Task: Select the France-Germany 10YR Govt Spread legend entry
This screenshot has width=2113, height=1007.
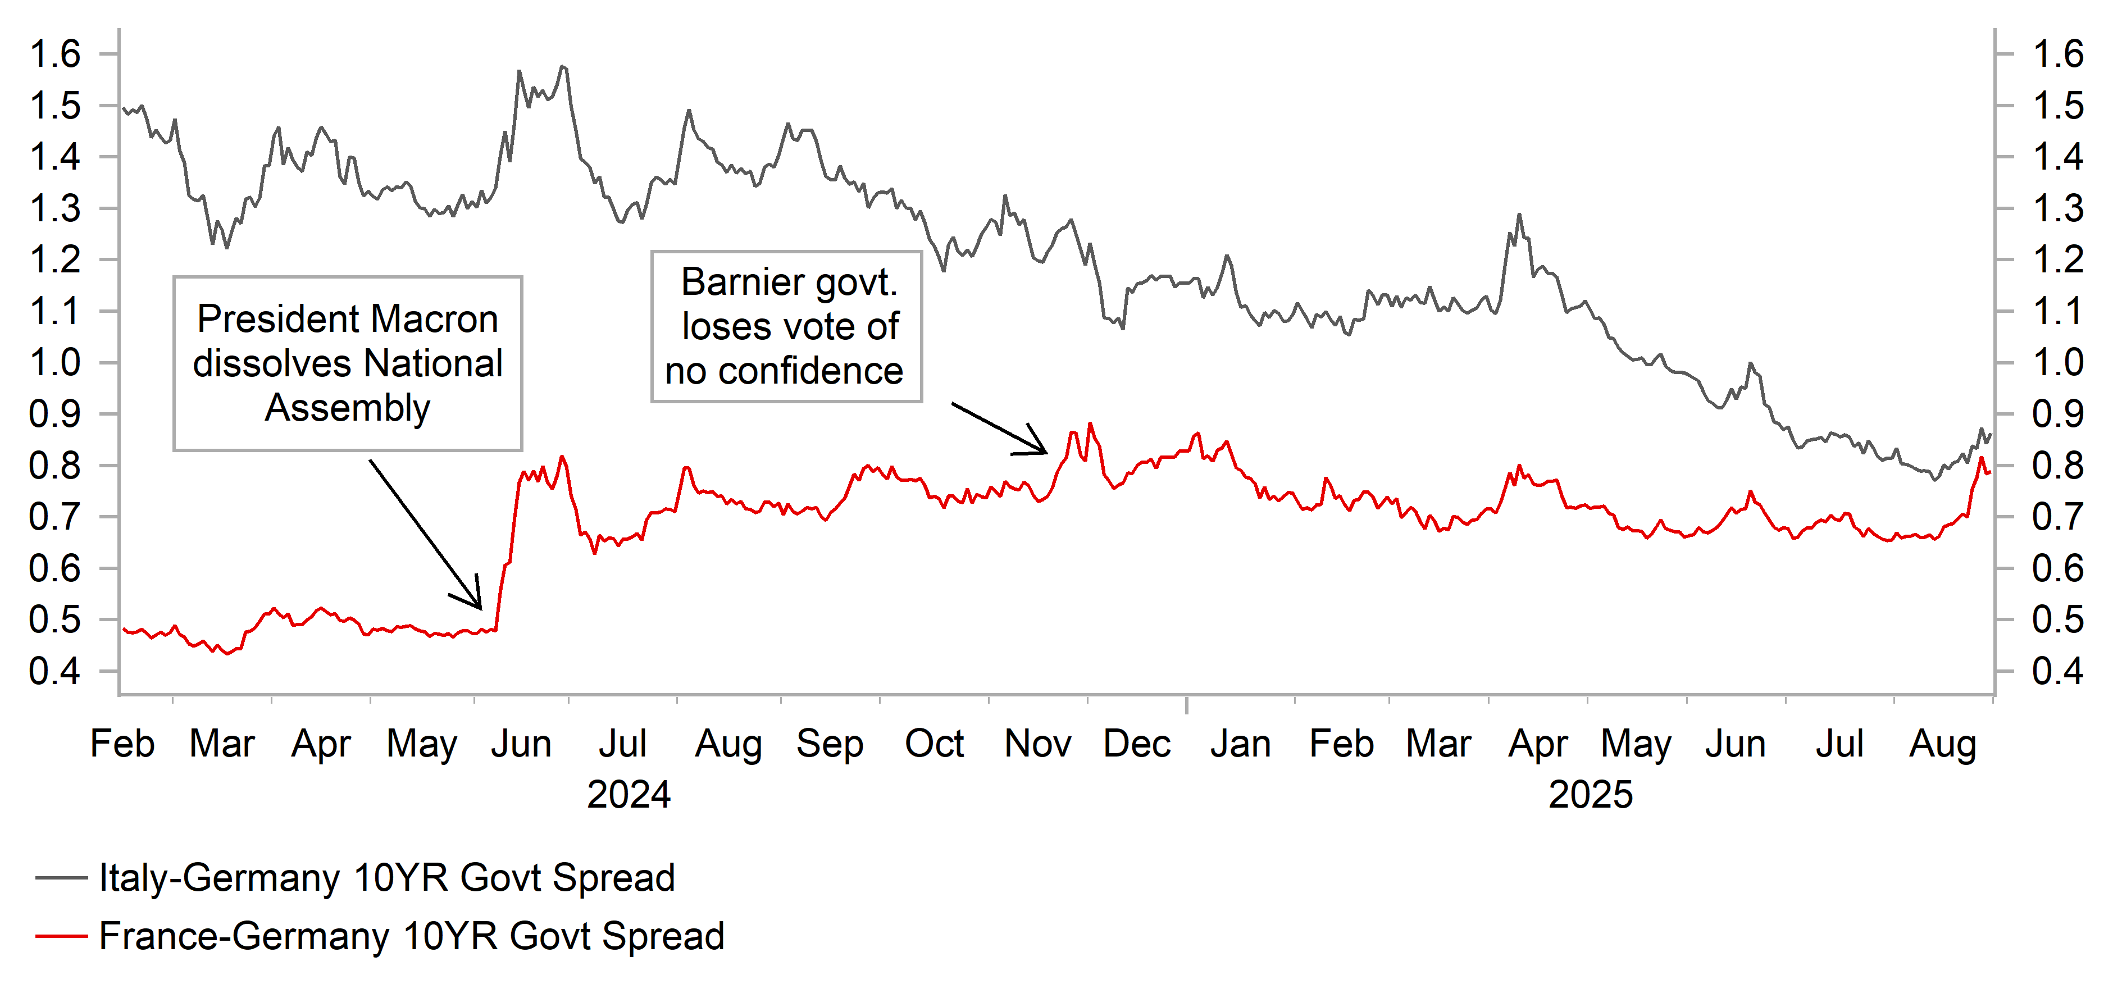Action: pyautogui.click(x=410, y=936)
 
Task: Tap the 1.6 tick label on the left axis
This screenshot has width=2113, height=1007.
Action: pyautogui.click(x=55, y=54)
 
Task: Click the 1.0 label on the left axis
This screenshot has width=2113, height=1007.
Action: pyautogui.click(x=55, y=362)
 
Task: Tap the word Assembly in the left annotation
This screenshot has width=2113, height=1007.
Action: pyautogui.click(x=348, y=408)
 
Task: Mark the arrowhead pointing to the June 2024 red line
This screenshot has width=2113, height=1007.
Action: pyautogui.click(x=479, y=607)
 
